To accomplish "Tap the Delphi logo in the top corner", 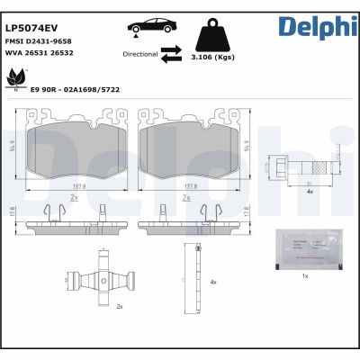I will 315,24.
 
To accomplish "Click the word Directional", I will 139,55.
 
